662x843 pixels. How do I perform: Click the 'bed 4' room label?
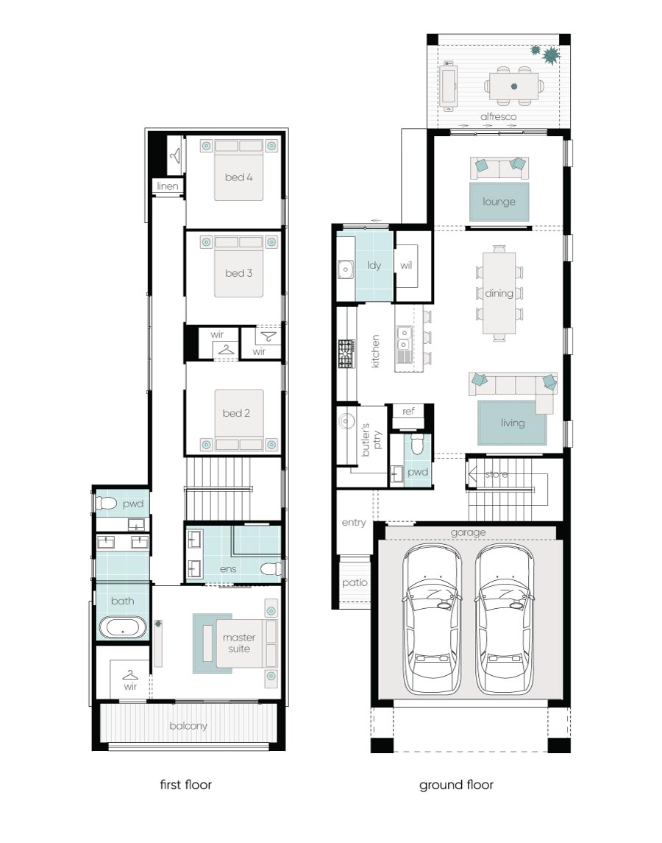(x=238, y=177)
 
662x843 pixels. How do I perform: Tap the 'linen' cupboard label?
(x=168, y=186)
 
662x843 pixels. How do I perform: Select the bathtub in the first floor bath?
(x=123, y=627)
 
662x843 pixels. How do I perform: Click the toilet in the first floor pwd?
(x=106, y=503)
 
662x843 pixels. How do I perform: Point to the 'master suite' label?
(x=239, y=643)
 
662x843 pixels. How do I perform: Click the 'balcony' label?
(x=188, y=726)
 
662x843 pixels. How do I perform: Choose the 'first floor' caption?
(x=186, y=784)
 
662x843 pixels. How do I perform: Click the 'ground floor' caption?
(x=456, y=785)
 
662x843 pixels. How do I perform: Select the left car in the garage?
(x=432, y=619)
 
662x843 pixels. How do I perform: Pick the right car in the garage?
(x=504, y=619)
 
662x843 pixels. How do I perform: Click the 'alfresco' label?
(x=499, y=116)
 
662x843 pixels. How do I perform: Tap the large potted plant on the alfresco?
(x=551, y=54)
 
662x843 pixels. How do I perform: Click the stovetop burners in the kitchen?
(x=346, y=353)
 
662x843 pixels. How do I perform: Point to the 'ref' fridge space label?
(x=408, y=412)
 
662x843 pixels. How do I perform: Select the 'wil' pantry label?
(x=406, y=265)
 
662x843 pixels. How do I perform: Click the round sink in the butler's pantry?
(x=346, y=421)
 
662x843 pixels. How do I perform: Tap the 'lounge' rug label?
(x=499, y=202)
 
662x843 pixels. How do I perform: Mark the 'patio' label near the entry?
(x=355, y=583)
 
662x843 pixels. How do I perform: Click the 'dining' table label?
(x=499, y=294)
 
